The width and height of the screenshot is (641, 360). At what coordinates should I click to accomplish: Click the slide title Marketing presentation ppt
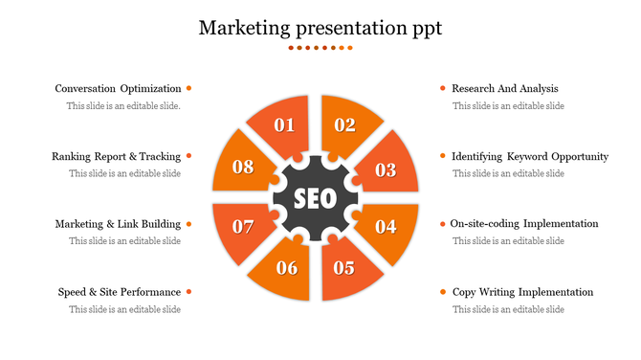coord(320,28)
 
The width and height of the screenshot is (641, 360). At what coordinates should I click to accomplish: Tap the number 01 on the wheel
coord(284,124)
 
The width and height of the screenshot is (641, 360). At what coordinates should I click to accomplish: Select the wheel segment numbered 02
coord(345,124)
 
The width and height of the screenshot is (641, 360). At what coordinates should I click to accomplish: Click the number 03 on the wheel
coord(386,170)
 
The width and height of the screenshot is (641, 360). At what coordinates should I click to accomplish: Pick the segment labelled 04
coord(386,227)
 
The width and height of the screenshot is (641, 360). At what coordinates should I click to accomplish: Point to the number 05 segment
coord(344,268)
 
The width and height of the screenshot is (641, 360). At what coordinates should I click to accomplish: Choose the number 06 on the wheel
coord(287,268)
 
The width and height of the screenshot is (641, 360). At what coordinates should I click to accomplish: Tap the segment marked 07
coord(243,227)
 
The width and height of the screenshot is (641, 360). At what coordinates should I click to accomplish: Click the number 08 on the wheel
coord(243,167)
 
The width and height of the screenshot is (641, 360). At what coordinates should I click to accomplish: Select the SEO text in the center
coord(315,199)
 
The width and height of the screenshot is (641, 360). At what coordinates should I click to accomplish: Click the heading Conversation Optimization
coord(118,89)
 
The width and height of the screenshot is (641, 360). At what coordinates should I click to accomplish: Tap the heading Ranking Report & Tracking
coord(116,156)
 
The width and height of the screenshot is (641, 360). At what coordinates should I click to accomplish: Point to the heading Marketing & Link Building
coord(118,224)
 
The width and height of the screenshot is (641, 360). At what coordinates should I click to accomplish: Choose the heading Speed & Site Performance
coord(119,292)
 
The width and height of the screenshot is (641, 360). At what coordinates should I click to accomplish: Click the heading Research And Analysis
coord(504,89)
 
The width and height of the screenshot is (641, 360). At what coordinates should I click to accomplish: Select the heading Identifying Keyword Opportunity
coord(529,156)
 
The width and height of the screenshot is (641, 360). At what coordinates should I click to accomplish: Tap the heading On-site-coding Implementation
coord(524,224)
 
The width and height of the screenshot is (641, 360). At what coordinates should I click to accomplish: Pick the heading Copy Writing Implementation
coord(522,292)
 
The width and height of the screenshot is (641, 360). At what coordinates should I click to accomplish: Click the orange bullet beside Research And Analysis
coord(442,88)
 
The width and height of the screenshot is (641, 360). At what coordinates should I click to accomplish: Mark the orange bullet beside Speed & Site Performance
coord(189,291)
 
